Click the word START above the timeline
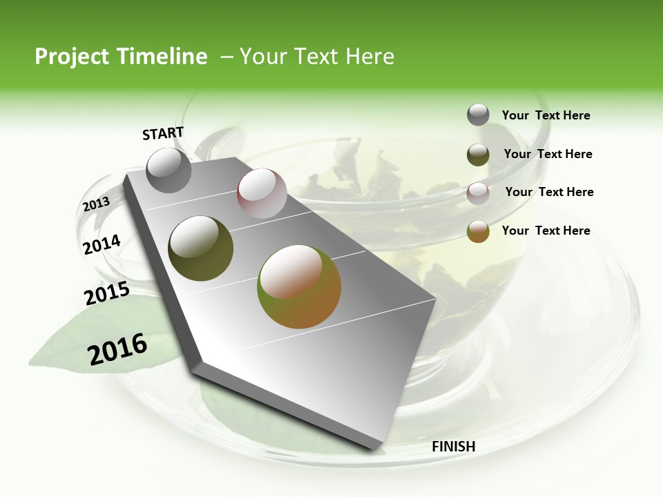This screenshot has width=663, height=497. click(163, 133)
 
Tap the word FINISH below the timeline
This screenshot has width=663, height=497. click(454, 447)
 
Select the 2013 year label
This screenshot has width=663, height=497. click(96, 204)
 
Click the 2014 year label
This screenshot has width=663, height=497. click(102, 245)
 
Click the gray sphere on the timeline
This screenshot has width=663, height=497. click(169, 170)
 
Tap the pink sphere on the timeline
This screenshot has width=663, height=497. click(262, 193)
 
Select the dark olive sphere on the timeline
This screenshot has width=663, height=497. click(200, 248)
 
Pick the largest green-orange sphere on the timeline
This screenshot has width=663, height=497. click(299, 286)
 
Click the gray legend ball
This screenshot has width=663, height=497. click(478, 115)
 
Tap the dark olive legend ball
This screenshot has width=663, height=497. click(478, 155)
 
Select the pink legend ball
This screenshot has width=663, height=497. click(478, 193)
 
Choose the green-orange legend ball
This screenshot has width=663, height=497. click(478, 231)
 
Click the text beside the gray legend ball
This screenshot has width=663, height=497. click(546, 116)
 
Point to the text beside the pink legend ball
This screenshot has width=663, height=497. click(549, 192)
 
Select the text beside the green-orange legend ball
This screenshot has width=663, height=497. click(546, 231)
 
